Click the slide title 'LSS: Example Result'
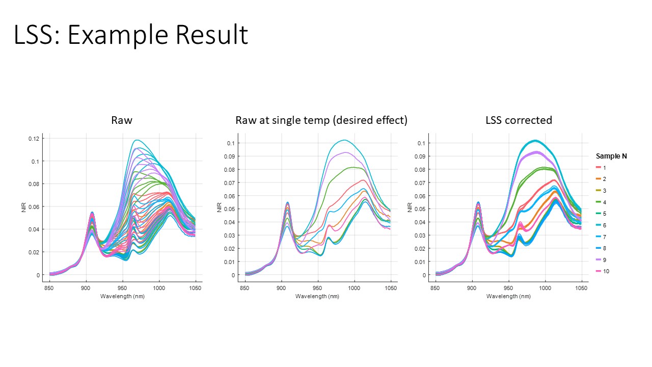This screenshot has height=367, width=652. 131,35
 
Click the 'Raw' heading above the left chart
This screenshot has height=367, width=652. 122,120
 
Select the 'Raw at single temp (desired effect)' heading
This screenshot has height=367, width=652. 321,120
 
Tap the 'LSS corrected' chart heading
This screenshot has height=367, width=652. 519,120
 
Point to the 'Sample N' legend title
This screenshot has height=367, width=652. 611,156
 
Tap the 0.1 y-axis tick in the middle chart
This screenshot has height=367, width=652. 231,143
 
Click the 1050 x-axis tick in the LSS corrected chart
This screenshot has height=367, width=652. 581,288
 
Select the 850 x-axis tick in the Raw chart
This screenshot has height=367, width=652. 49,288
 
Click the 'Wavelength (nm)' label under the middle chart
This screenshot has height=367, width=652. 317,297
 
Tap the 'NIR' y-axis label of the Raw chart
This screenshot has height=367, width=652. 24,207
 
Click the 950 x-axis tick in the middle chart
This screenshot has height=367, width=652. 318,288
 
